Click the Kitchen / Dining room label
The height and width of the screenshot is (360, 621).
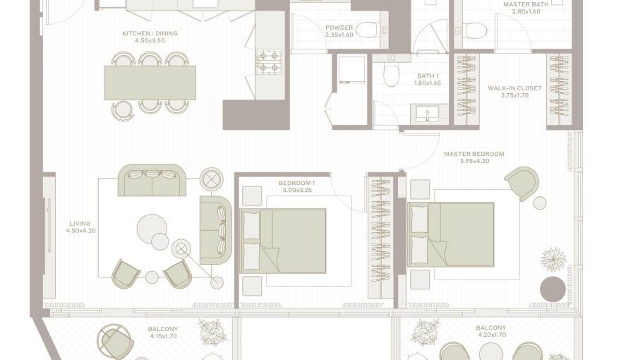150,33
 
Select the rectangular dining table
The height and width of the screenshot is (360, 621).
150,83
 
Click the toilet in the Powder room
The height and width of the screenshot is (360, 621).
368,30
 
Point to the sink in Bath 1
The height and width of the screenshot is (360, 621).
428,114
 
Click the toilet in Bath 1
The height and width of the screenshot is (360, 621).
391,73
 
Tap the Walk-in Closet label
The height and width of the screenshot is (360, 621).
514,88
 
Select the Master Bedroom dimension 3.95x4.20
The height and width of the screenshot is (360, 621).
474,161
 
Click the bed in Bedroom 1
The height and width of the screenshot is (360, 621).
284,241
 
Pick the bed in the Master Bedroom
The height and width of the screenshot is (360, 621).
451,234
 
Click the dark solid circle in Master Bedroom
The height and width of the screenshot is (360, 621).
553,289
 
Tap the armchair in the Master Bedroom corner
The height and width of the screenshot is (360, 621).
522,184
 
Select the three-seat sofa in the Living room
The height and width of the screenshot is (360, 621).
152,180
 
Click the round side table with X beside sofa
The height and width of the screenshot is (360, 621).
212,179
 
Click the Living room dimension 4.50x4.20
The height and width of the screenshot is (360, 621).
80,231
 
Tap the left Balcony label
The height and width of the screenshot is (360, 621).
163,329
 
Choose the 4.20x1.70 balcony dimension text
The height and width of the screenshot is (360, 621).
490,335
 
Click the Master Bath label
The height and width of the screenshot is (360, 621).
526,4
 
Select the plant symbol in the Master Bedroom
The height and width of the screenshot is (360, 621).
553,260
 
